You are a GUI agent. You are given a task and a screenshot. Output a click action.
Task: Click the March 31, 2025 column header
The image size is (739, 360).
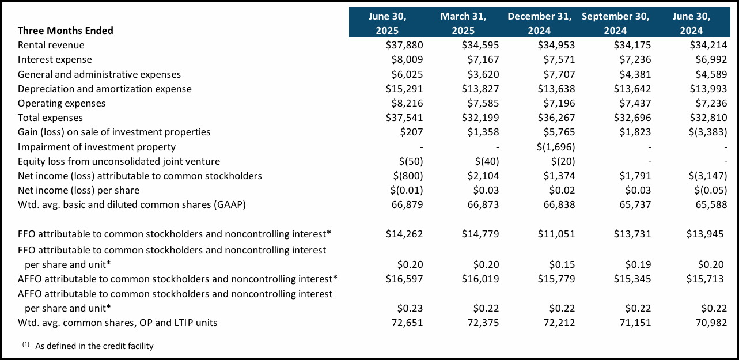(463, 23)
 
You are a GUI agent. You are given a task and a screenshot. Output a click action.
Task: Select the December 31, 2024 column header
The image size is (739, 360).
(539, 23)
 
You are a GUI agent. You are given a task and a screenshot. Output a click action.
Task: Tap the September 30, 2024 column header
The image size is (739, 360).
(615, 23)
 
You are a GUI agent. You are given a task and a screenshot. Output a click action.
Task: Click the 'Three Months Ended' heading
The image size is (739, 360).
(66, 31)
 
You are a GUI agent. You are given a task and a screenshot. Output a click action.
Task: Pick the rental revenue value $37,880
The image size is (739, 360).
(404, 45)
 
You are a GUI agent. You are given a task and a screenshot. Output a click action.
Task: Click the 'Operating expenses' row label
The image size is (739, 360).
(62, 103)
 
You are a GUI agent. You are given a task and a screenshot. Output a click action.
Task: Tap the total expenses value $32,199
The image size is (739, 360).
(480, 118)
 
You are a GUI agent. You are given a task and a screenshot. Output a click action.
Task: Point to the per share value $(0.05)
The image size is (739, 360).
(708, 190)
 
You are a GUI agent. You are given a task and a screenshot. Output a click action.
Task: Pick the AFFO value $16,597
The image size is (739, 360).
(404, 279)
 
